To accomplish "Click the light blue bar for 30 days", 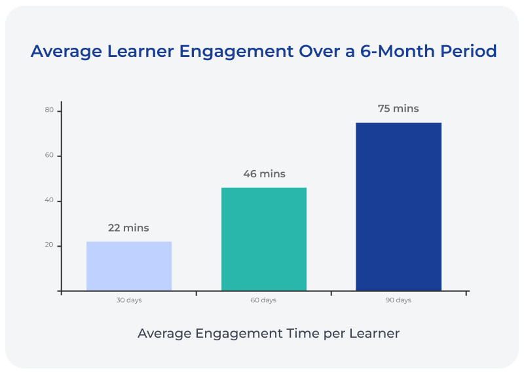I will tap(129, 266).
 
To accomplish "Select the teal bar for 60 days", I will tap(264, 239).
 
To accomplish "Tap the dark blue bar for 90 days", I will tap(398, 207).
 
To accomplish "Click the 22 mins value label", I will tap(128, 228).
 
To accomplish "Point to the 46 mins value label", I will tap(264, 174).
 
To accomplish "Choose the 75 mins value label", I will tap(398, 109).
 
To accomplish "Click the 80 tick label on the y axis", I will tap(49, 111).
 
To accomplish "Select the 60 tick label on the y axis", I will tap(49, 156).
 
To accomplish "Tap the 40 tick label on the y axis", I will tap(49, 201).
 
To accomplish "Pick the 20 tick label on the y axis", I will tap(49, 246).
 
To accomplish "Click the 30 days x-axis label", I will tap(129, 300).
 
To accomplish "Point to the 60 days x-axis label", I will tap(264, 300).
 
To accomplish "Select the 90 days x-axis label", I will tap(398, 300).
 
